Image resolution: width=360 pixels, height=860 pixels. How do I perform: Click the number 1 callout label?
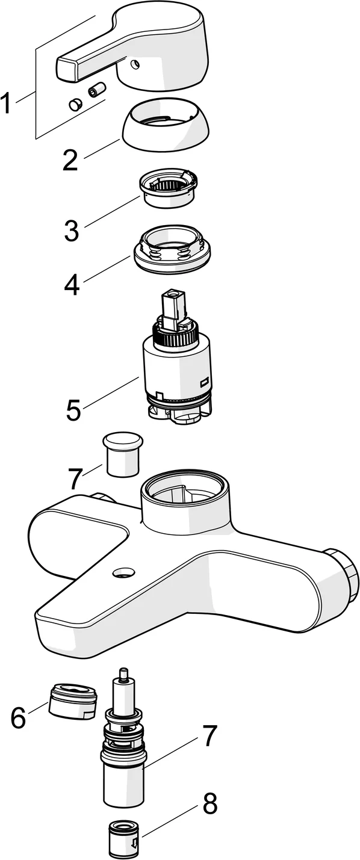coord(7,104)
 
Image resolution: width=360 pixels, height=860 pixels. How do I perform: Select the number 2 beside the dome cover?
coord(70,159)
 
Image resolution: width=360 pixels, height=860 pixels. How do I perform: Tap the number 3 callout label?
coord(72,230)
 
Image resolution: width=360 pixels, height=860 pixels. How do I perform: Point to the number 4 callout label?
coord(72,283)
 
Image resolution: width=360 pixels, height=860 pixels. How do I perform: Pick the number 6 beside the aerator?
coord(18,717)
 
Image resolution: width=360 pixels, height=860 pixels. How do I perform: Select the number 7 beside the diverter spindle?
coord(208,735)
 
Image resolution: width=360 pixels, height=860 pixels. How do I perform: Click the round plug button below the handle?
coord(75,105)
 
